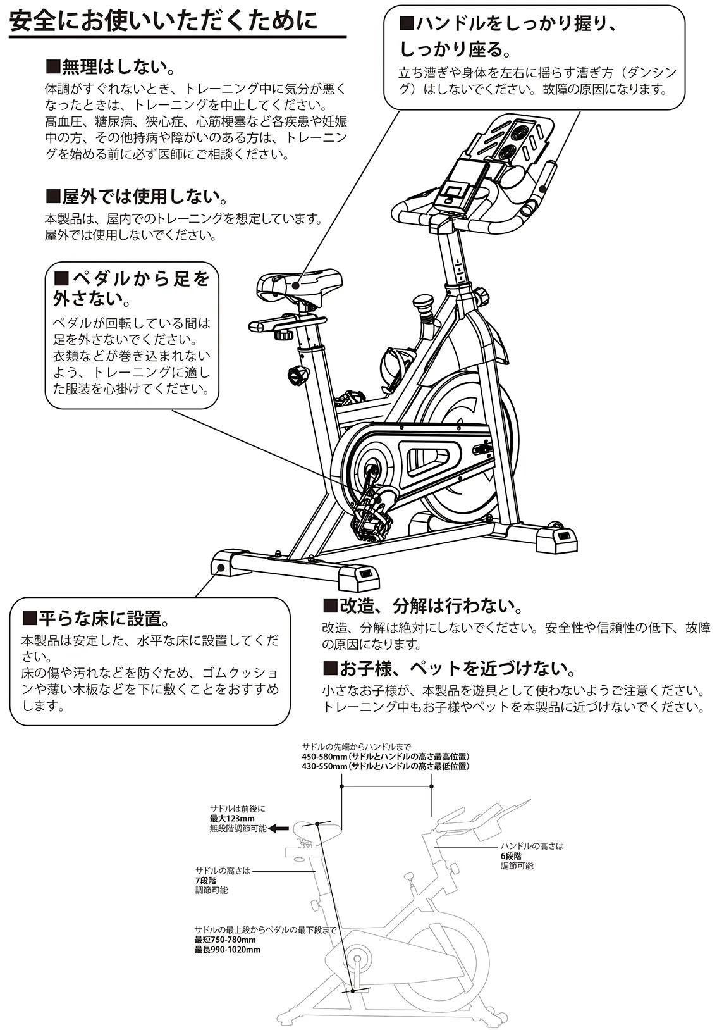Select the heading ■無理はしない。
tap(111, 67)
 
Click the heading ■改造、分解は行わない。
tap(423, 606)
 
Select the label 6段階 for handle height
tap(511, 856)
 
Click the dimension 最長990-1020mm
tap(228, 950)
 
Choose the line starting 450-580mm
tap(385, 757)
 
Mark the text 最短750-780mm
tap(225, 940)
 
